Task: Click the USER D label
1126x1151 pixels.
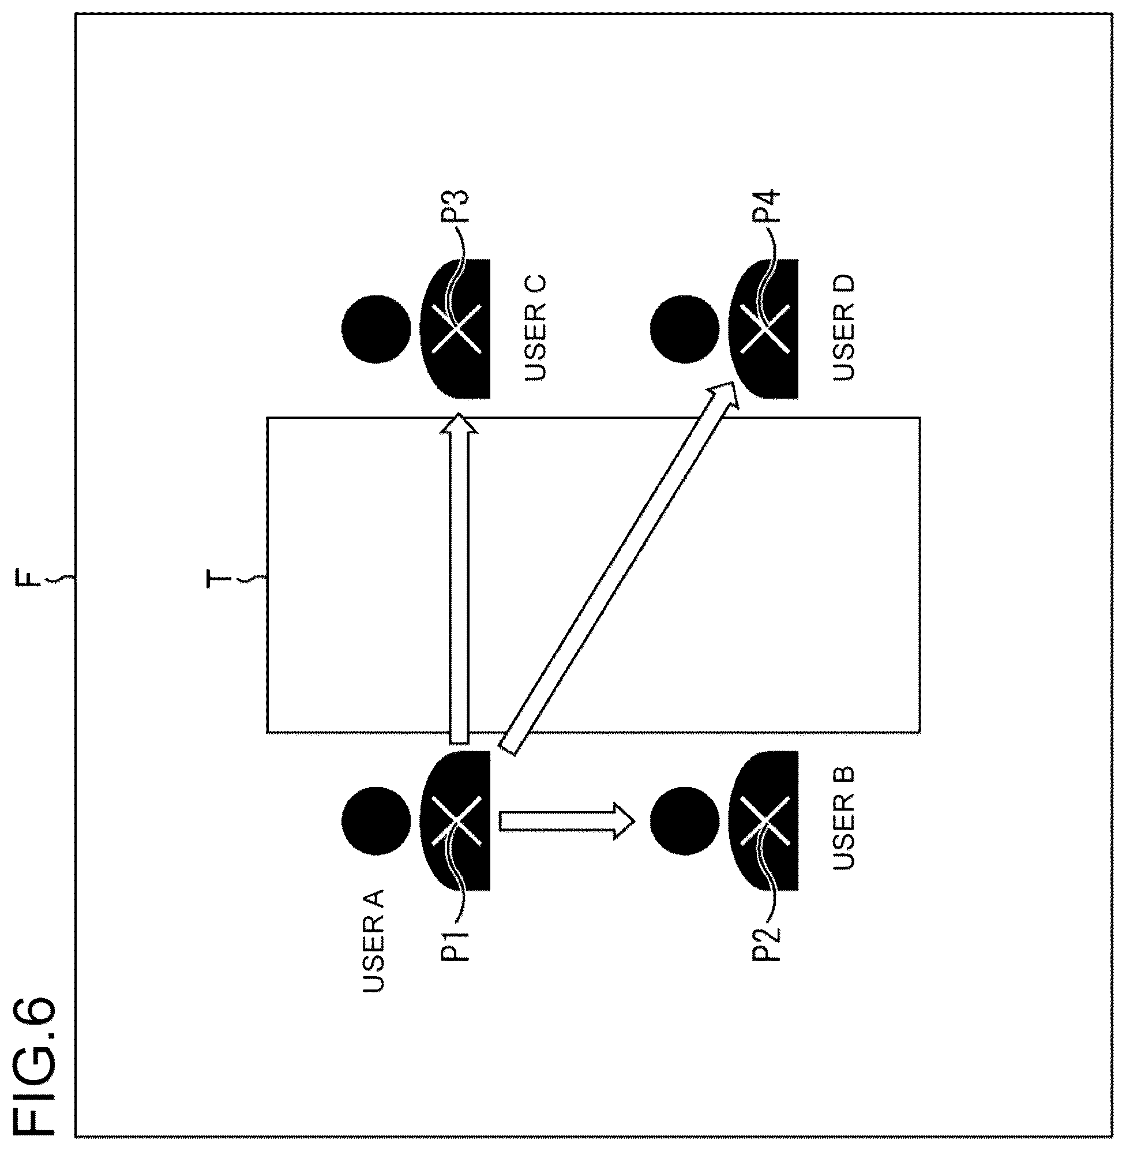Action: pyautogui.click(x=844, y=328)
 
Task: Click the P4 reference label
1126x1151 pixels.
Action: pyautogui.click(x=767, y=206)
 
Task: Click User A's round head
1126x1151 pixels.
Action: pyautogui.click(x=376, y=820)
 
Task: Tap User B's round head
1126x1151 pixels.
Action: pyautogui.click(x=685, y=821)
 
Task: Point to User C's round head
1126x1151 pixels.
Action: pyautogui.click(x=376, y=329)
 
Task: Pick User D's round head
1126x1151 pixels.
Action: pyautogui.click(x=685, y=329)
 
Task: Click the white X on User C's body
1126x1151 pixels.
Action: pyautogui.click(x=456, y=329)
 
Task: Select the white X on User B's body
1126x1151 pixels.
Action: pyautogui.click(x=765, y=820)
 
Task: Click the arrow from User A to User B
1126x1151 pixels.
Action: pyautogui.click(x=567, y=821)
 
